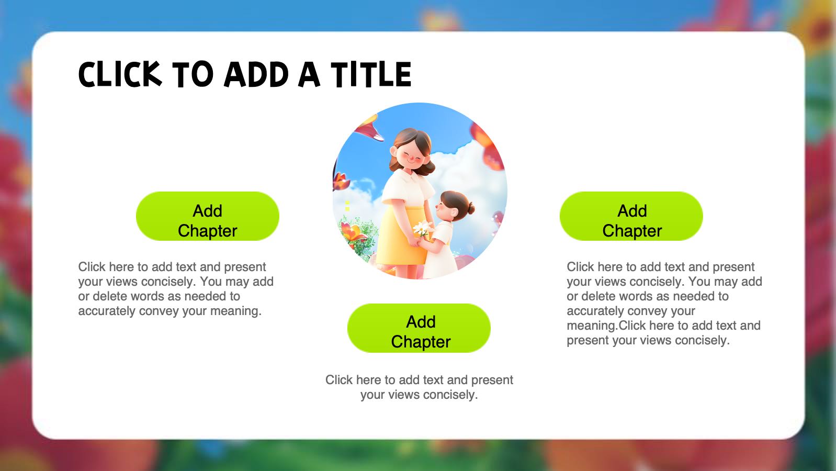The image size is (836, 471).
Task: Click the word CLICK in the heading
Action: tap(120, 74)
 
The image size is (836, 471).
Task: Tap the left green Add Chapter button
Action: tap(208, 216)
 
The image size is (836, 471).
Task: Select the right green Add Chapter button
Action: tap(631, 216)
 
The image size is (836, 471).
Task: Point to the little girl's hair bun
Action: tap(471, 208)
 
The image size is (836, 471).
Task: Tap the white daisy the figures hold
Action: tap(423, 227)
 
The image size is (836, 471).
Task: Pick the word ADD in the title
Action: tap(256, 74)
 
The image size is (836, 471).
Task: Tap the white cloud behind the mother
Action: tap(463, 175)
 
